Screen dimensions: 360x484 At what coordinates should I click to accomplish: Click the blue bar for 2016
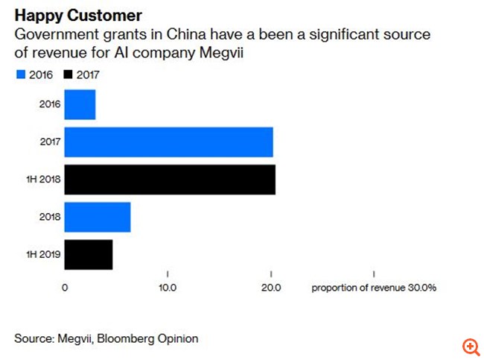coord(80,104)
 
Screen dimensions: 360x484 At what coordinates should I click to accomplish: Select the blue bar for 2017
coord(168,142)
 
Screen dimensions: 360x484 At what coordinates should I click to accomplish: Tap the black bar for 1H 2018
coord(170,180)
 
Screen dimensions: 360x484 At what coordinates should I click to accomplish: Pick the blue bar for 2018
coord(98,217)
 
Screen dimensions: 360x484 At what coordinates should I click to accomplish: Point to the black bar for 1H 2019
coord(89,255)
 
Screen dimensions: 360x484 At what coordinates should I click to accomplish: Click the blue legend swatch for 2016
coord(19,75)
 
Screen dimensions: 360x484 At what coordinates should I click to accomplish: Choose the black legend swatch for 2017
coord(70,75)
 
